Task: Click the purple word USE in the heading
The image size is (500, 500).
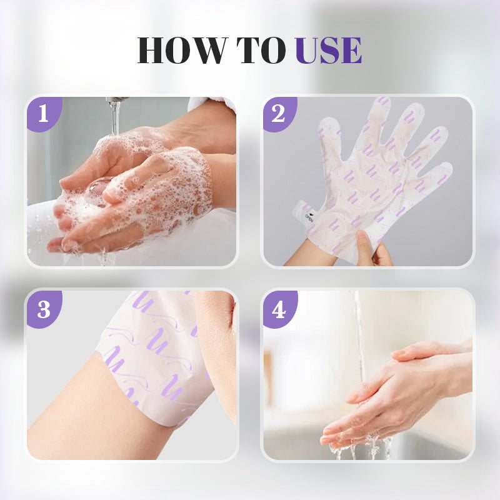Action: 328,51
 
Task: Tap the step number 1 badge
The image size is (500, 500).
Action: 42,114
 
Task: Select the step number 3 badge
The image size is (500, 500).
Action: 42,309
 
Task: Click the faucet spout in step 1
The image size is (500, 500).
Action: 116,100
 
